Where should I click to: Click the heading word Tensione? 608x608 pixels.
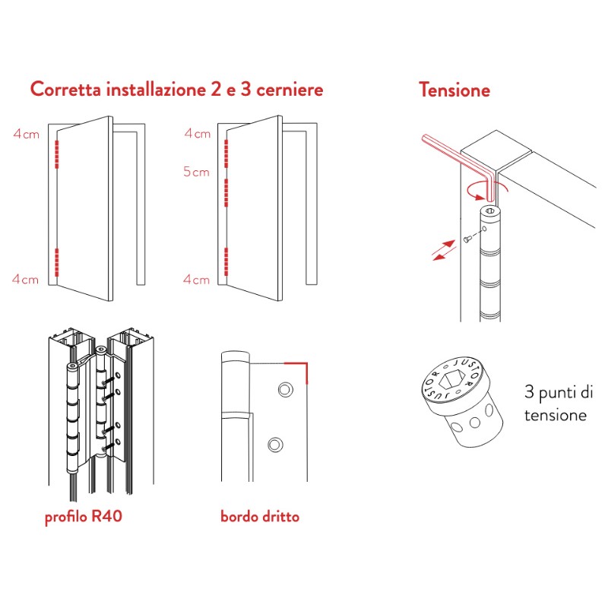(454, 90)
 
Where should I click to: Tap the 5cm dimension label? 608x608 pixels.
(196, 172)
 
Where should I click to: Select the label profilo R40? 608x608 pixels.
(84, 518)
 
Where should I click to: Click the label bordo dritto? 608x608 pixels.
(260, 517)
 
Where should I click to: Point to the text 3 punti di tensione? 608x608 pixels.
(556, 404)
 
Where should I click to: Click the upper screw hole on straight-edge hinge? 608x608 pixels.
(285, 389)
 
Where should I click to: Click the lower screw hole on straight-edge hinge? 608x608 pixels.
(276, 444)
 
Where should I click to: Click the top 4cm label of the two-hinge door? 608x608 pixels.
(25, 135)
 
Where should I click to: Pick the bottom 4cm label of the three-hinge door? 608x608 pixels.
(197, 280)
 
